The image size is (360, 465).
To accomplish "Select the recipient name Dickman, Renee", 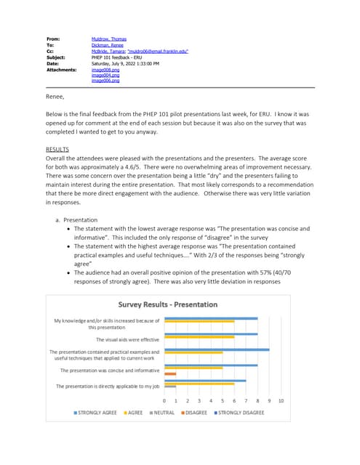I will [x=106, y=45].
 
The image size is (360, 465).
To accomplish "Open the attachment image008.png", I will [x=105, y=70].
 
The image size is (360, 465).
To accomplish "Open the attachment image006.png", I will [x=105, y=81].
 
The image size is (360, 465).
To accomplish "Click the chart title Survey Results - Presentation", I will [x=168, y=304].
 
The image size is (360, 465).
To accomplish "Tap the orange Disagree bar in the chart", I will [x=170, y=373].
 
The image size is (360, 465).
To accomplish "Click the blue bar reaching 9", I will [x=217, y=349].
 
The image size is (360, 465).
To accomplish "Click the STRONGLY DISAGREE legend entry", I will [x=243, y=412].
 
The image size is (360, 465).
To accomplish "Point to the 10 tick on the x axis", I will [x=281, y=400].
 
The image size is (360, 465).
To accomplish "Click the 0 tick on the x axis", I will [x=164, y=400].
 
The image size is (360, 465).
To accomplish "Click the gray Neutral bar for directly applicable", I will [x=169, y=387].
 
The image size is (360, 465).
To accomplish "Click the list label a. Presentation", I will [x=79, y=219].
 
